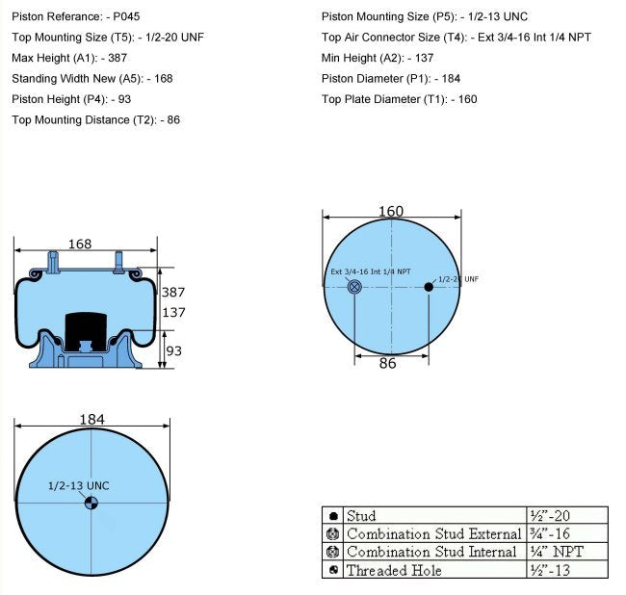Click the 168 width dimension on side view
click(80, 245)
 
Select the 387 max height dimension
click(173, 292)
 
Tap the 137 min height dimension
click(173, 313)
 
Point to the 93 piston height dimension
click(173, 351)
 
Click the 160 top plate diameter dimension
click(391, 212)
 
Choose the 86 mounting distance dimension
click(388, 364)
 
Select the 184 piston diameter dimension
click(91, 420)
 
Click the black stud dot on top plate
click(429, 287)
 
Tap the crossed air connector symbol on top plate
click(354, 287)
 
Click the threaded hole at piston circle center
click(91, 502)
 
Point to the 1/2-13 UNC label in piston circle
click(79, 485)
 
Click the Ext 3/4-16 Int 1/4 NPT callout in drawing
click(371, 272)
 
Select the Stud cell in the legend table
click(361, 516)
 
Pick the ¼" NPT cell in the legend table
click(557, 552)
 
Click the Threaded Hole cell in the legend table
click(394, 570)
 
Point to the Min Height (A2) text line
click(378, 58)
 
